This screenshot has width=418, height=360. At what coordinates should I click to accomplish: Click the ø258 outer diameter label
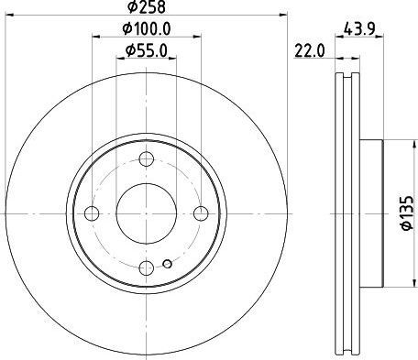tap(146, 8)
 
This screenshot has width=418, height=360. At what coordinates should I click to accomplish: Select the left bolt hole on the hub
tap(91, 213)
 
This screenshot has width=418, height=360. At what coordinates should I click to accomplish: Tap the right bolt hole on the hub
tap(202, 213)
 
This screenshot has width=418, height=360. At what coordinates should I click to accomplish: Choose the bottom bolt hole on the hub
tap(147, 267)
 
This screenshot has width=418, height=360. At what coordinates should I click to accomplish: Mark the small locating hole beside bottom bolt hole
tap(165, 266)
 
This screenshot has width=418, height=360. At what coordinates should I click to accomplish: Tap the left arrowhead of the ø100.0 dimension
tap(95, 38)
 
